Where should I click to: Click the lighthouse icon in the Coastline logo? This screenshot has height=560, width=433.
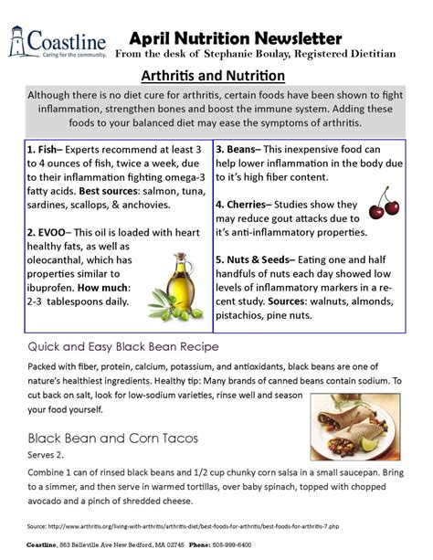[x=16, y=40]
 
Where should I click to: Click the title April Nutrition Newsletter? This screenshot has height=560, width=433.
[x=236, y=37]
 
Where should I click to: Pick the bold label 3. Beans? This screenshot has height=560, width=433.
[x=239, y=147]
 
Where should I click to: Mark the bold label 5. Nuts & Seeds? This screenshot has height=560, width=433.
[x=263, y=260]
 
